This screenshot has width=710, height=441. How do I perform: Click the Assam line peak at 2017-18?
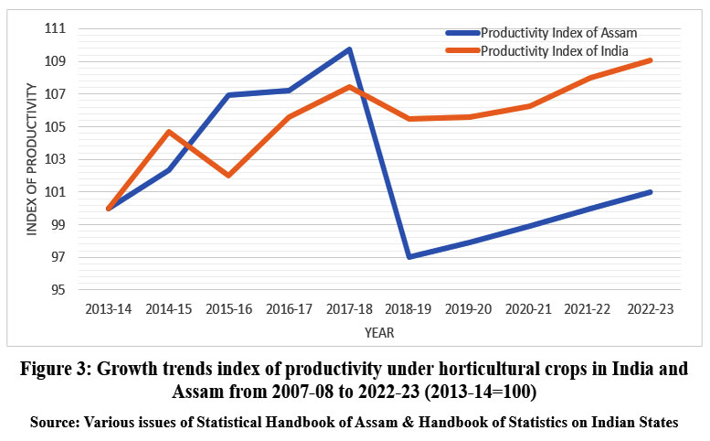tap(349, 49)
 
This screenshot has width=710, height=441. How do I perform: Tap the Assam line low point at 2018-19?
tap(409, 256)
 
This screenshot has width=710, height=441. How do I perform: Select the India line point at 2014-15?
tap(168, 131)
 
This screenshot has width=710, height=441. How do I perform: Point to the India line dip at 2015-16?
tap(228, 175)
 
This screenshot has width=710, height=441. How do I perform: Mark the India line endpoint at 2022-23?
tap(651, 60)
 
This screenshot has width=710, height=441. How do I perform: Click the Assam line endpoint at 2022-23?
tap(651, 192)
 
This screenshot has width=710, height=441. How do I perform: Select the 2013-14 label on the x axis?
tap(108, 310)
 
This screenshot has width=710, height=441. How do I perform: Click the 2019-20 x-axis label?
tap(470, 310)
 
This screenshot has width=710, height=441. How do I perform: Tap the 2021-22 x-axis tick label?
tap(590, 310)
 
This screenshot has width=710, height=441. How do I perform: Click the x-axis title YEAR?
tap(379, 333)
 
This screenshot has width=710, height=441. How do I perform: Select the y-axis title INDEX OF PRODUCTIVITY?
tap(33, 159)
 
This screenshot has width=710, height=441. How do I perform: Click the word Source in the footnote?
tap(55, 424)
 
